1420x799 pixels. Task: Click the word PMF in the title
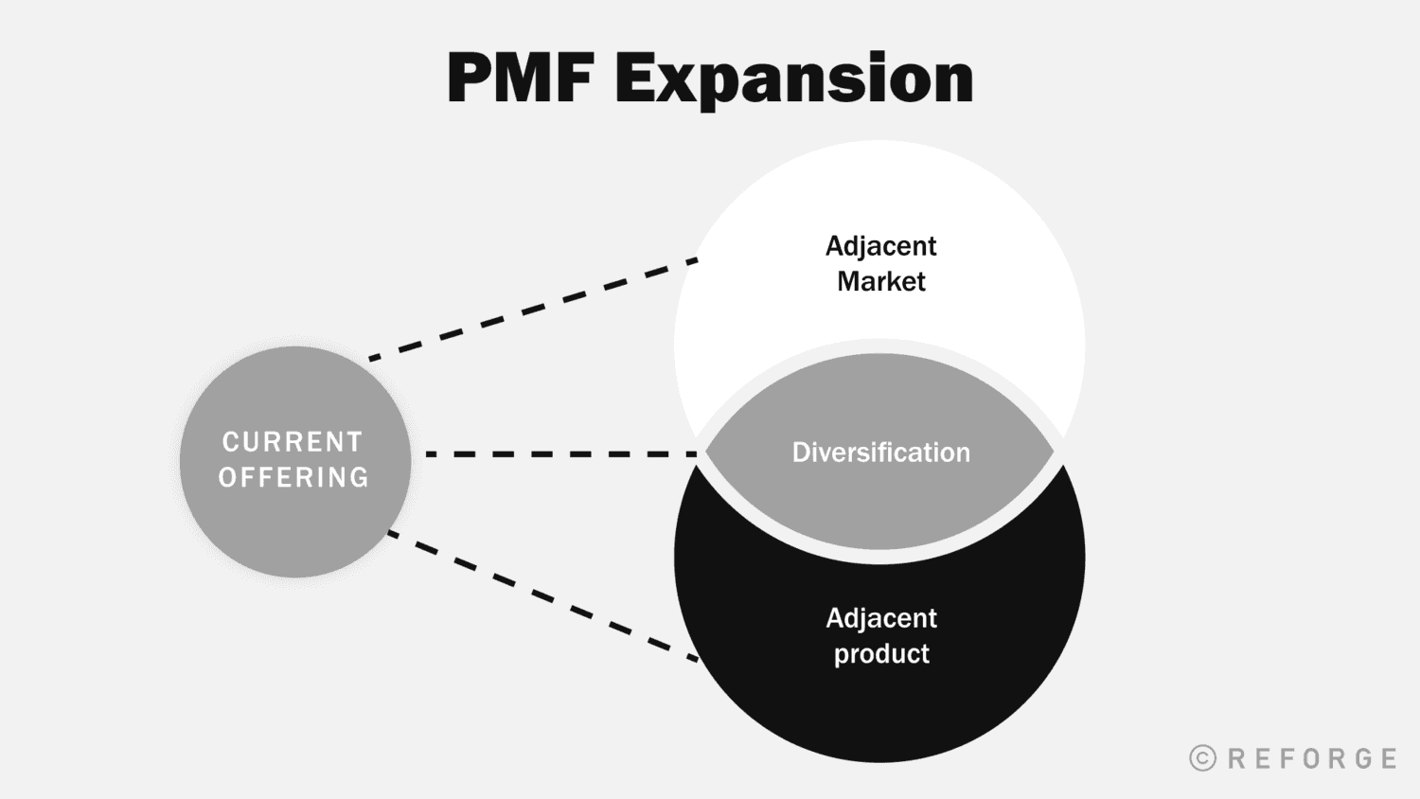pos(520,79)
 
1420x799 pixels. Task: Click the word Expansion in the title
pos(793,80)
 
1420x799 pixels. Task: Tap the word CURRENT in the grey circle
pos(293,442)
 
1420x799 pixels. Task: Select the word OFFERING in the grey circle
pos(293,477)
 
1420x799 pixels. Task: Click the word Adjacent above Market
pos(880,246)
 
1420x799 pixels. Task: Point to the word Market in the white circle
pos(880,281)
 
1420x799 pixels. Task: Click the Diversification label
pos(880,453)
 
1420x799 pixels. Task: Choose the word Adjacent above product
pos(880,618)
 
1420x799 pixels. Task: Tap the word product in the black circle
pos(880,654)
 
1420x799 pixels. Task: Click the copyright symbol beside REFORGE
pos(1202,758)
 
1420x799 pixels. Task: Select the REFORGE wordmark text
pos(1312,758)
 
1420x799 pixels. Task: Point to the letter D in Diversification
pos(801,453)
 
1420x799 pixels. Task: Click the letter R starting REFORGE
pos(1236,758)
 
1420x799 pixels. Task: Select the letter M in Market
pos(848,281)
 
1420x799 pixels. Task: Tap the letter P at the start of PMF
pos(470,79)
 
